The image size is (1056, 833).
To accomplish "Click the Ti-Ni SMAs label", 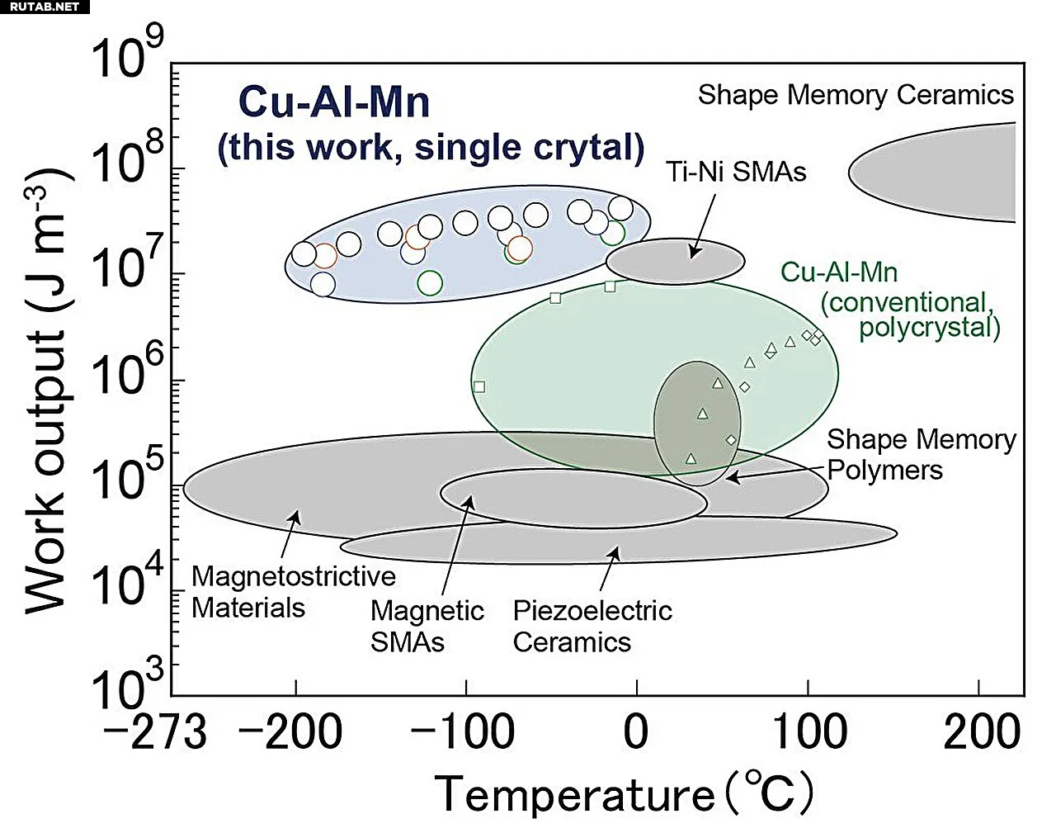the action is tap(736, 172).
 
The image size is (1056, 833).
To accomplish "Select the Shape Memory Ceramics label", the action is tap(856, 94).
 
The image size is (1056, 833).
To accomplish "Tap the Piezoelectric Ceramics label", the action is tap(592, 627).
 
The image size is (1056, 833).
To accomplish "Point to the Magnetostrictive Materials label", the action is tap(294, 592).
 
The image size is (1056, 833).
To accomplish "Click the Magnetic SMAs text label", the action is tap(427, 627).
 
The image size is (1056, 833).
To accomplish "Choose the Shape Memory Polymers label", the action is tap(922, 454).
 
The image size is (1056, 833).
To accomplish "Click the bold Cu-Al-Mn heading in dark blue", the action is tap(334, 102).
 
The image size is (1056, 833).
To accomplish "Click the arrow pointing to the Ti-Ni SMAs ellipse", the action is tap(702, 226).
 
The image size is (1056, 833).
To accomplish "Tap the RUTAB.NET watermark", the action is tap(45, 7).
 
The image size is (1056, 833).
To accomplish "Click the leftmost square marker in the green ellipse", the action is tap(479, 386).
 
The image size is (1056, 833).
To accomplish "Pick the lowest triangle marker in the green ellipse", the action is tap(691, 458).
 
